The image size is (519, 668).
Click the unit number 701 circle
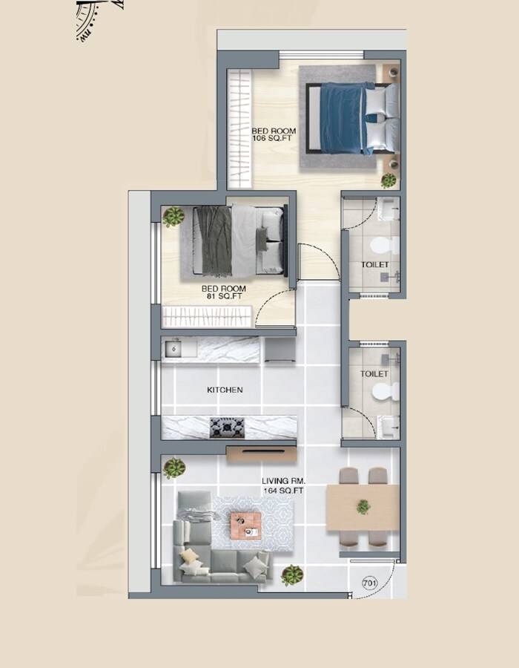(x=369, y=584)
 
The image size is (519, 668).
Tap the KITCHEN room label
(x=224, y=390)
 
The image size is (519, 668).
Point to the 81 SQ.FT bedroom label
(x=224, y=292)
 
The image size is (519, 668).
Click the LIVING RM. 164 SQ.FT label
(x=283, y=485)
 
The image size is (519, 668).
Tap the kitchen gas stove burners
(x=226, y=427)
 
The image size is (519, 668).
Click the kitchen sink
(x=173, y=349)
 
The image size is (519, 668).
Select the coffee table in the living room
(x=245, y=524)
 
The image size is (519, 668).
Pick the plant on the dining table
(x=363, y=507)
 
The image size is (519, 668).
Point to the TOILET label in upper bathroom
(x=374, y=265)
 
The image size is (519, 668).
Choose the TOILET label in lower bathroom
(x=374, y=374)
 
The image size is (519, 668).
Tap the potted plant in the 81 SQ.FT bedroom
(x=173, y=216)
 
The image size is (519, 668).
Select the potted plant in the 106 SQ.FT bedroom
(x=389, y=180)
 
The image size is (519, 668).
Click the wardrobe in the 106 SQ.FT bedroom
(x=239, y=128)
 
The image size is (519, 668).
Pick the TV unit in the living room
(x=261, y=453)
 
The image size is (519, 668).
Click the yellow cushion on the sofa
(x=190, y=556)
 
